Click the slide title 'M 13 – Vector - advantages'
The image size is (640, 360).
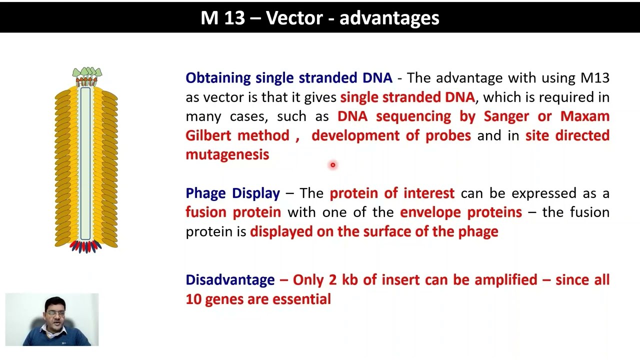[319, 18]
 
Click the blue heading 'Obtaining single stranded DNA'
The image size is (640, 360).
[288, 78]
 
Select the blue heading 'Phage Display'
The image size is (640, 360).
[232, 193]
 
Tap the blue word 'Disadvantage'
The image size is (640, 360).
[230, 280]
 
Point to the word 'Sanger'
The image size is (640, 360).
[506, 116]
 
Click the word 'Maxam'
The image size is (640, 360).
[584, 116]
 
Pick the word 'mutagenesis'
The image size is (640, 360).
[227, 155]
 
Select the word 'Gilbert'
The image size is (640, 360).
[208, 135]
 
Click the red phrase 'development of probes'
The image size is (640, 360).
[391, 135]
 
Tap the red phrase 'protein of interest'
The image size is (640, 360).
[392, 193]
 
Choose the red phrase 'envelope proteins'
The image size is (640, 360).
[460, 212]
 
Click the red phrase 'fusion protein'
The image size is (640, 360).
[233, 212]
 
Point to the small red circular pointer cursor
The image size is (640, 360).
[332, 165]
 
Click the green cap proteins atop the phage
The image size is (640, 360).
[87, 73]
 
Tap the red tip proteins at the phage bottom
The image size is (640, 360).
[85, 246]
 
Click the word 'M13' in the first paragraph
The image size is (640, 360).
[594, 78]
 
